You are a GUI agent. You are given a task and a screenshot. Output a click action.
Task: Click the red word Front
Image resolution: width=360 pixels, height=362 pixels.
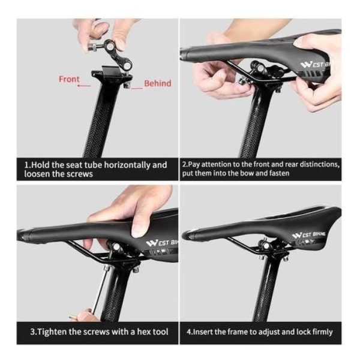[x=69, y=79]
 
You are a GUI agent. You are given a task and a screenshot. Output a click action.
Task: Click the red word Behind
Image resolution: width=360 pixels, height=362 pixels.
[x=158, y=83]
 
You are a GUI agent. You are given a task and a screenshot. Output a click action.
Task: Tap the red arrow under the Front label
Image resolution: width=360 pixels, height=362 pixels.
[x=84, y=86]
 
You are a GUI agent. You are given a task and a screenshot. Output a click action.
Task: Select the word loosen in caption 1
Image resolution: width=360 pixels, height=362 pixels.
[x=37, y=174]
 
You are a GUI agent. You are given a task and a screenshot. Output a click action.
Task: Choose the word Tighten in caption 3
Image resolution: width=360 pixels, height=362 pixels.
[x=51, y=332]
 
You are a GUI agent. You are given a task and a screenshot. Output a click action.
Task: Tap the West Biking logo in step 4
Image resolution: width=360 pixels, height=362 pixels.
[x=308, y=235]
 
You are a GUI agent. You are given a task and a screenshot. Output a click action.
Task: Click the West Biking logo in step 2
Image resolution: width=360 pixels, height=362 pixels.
[x=316, y=64]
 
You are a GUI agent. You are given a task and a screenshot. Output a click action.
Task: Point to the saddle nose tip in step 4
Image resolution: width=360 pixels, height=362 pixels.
[x=184, y=236]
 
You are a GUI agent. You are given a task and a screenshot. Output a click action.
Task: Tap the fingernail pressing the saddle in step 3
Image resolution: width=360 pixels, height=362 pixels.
[x=137, y=233]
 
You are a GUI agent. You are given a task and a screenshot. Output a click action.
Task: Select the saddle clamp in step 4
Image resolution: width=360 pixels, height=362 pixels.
[x=274, y=251]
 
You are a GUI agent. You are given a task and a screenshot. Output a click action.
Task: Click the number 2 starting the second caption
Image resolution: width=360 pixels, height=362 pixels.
[x=184, y=165]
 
